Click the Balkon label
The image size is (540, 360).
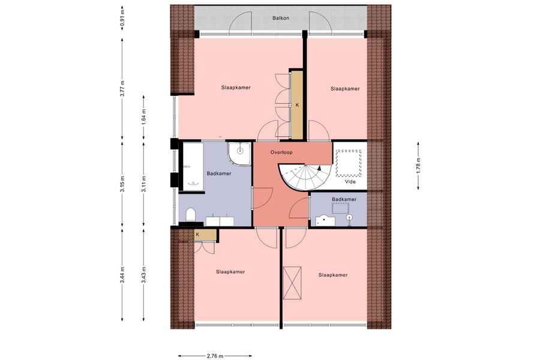tap(281, 18)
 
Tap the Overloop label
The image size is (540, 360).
tap(281, 152)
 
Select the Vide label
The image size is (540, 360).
tap(350, 182)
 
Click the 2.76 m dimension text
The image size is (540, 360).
tap(215, 356)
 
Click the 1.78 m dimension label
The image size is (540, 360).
tap(418, 166)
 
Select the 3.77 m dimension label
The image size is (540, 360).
tap(122, 89)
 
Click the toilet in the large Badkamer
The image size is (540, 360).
tap(190, 215)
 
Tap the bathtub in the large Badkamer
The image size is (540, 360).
tap(193, 166)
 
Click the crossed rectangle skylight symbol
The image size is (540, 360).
tap(292, 283)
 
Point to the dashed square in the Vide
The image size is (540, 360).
tap(349, 163)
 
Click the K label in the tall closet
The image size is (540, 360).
tap(297, 105)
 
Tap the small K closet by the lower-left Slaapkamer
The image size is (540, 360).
tap(205, 235)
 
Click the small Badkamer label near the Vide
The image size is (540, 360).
tap(344, 199)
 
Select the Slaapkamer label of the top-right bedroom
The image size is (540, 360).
tap(345, 89)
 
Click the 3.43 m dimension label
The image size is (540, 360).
tap(143, 275)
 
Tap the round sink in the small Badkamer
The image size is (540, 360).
tap(350, 218)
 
